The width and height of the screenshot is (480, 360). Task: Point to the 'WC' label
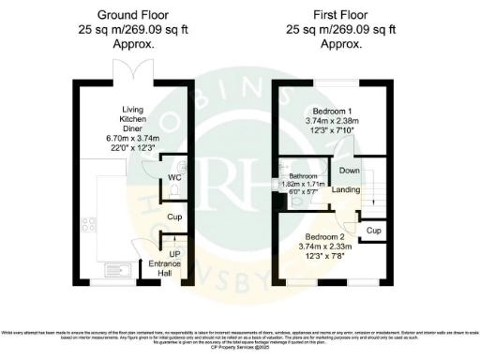point(174,177)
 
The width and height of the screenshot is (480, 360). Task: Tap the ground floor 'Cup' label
point(173,217)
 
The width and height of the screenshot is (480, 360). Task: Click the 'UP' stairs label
point(174,254)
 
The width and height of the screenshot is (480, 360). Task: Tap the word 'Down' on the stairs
point(349,171)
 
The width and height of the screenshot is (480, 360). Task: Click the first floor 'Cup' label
point(373,230)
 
